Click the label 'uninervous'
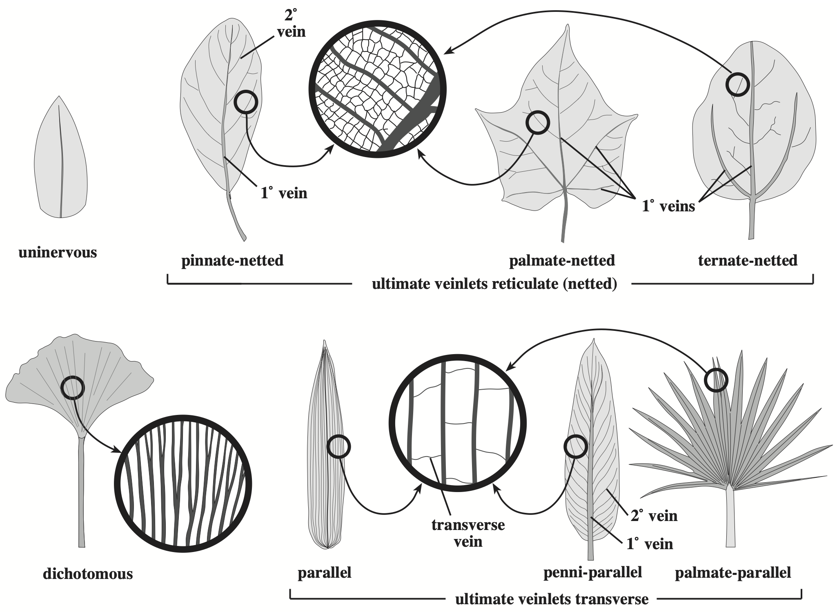(58, 253)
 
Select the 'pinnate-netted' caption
(232, 260)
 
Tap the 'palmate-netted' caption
(562, 260)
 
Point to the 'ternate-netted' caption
(748, 260)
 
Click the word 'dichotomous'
(88, 574)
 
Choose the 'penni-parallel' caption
(592, 572)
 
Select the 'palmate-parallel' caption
(733, 572)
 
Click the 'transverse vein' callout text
(468, 533)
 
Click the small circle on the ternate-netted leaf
(738, 84)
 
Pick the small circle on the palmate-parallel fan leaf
(716, 380)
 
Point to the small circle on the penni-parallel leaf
(576, 447)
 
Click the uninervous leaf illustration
(60, 159)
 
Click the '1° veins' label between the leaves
(668, 206)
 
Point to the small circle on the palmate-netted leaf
(537, 122)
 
